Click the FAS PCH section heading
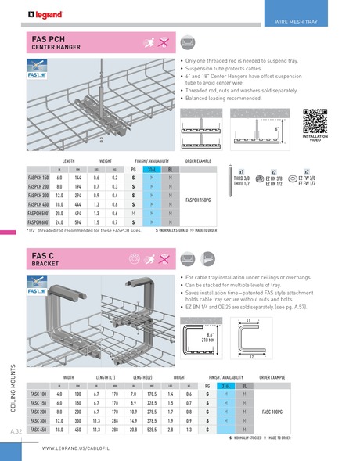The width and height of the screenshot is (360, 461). tap(49, 38)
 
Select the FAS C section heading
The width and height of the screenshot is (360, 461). tap(43, 255)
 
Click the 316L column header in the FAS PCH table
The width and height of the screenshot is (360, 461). tap(153, 168)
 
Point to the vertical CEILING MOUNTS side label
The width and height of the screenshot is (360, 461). tap(16, 389)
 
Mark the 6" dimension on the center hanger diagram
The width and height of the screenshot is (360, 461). tap(276, 130)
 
